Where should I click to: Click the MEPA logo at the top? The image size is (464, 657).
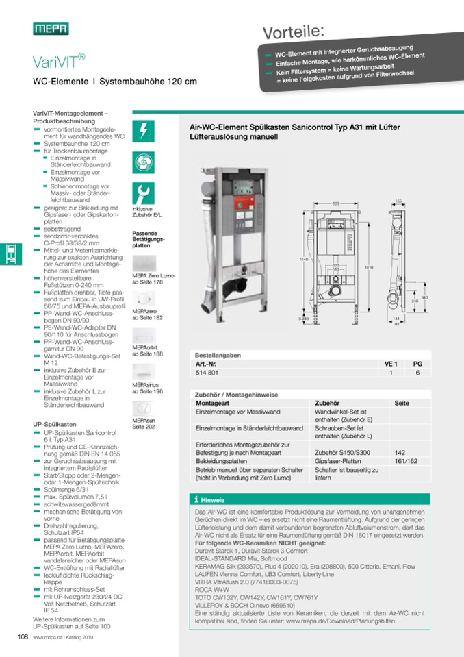[51, 28]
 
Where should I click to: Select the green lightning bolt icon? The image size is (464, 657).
[143, 130]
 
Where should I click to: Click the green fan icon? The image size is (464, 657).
[143, 162]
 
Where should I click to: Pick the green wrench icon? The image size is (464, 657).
[143, 193]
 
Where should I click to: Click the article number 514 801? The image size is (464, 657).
[206, 372]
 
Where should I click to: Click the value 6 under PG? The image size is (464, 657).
[417, 372]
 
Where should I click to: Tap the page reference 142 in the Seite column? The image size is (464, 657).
[401, 453]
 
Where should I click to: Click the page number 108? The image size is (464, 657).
[22, 637]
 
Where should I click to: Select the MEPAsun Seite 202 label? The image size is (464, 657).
[144, 423]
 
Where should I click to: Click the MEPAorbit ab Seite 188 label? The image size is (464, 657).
[148, 351]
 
